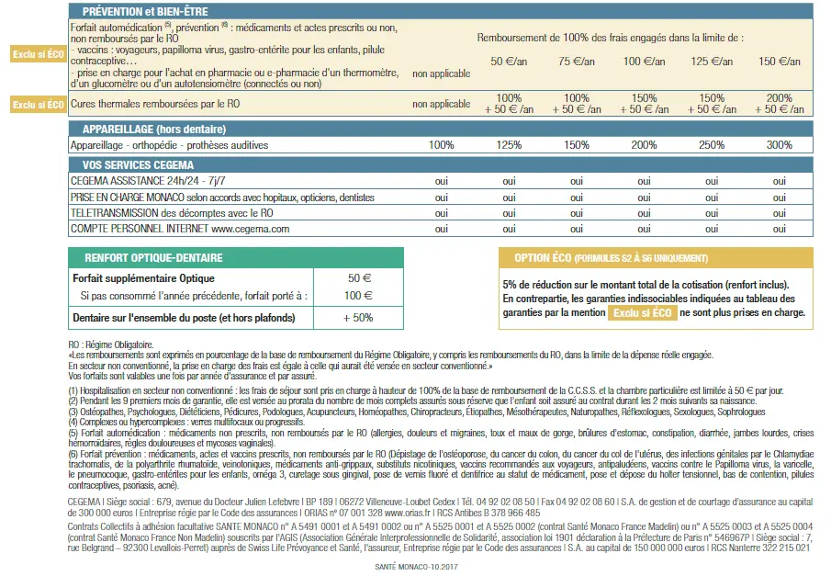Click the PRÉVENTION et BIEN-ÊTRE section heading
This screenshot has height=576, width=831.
[x=145, y=11]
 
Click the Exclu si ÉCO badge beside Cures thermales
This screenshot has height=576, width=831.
[x=38, y=105]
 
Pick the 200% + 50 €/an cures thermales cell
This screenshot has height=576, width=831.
[x=779, y=104]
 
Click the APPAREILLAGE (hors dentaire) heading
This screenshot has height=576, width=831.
[x=154, y=129]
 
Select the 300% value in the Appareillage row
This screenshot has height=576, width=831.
[x=779, y=145]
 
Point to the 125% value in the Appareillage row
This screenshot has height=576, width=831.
[x=509, y=145]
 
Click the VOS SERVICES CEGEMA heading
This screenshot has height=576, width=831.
[x=138, y=164]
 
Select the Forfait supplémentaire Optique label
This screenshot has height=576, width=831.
[x=143, y=277]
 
